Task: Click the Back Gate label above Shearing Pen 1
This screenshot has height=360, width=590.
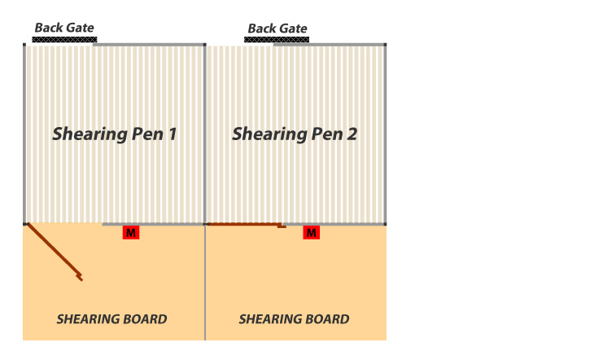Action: (x=64, y=28)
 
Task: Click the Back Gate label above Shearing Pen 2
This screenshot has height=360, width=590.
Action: (x=278, y=29)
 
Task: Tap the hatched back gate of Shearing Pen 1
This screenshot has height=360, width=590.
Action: (x=64, y=39)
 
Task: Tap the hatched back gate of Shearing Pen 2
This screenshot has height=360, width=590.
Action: (x=278, y=39)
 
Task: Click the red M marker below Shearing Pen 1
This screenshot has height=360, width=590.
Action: (x=130, y=233)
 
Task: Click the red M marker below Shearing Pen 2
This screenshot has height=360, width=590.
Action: (x=311, y=233)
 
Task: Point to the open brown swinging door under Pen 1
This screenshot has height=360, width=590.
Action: (x=54, y=251)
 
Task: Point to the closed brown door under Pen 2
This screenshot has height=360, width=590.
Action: (x=244, y=224)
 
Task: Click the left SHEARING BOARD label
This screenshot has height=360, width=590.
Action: (x=111, y=319)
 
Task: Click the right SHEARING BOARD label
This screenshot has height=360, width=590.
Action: (x=294, y=319)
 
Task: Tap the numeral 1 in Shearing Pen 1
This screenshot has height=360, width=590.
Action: (x=173, y=134)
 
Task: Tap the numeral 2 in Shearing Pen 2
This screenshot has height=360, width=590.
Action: (x=352, y=134)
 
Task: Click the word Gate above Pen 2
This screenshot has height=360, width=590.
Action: (x=294, y=29)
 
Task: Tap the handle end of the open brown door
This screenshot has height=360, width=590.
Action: (x=80, y=277)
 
